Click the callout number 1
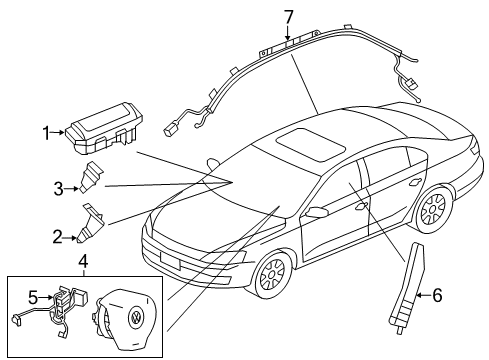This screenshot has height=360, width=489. click(x=46, y=133)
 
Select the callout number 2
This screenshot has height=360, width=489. click(x=57, y=237)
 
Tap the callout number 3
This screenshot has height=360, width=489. click(x=59, y=189)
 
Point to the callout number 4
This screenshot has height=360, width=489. click(x=83, y=261)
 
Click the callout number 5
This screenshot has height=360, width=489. click(x=33, y=297)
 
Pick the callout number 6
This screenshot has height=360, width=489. click(x=437, y=295)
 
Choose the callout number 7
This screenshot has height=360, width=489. click(x=288, y=17)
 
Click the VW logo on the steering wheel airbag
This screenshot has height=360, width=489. click(x=135, y=318)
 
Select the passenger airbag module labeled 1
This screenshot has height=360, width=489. click(x=104, y=128)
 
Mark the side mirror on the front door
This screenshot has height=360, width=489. click(x=317, y=212)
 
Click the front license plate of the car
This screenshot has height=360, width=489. click(x=170, y=260)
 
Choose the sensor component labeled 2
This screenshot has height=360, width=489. click(x=91, y=223)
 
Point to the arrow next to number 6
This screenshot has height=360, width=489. click(x=423, y=295)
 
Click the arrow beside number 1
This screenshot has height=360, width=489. click(x=58, y=133)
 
